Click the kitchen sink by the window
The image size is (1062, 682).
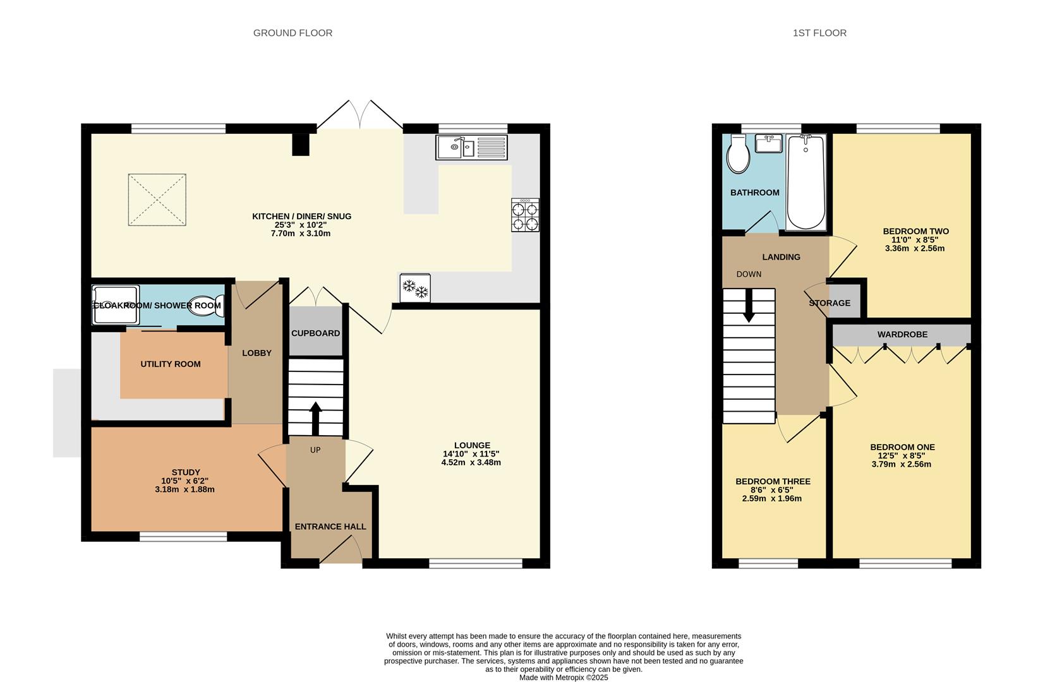tap(472, 147)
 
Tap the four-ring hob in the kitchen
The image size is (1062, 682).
tap(525, 215)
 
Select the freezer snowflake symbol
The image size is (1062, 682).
tap(415, 288)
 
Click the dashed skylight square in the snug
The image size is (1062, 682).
tap(157, 200)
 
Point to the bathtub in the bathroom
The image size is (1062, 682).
tap(806, 182)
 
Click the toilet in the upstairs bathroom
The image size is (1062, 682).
tap(738, 154)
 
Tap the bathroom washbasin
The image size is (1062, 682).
tap(768, 143)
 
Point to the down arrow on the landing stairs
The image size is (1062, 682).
tap(749, 305)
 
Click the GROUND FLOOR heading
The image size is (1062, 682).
tap(293, 33)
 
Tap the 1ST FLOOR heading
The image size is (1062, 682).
tap(820, 33)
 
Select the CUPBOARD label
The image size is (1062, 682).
tap(315, 333)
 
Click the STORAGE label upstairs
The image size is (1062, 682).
tap(830, 303)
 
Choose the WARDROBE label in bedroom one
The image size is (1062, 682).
tap(902, 334)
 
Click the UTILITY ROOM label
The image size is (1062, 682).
tap(171, 364)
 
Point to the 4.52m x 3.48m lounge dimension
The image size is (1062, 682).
tap(471, 463)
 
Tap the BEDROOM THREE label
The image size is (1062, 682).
tap(773, 482)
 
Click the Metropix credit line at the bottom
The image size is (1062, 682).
tap(564, 678)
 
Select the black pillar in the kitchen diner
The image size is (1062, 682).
tap(300, 145)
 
